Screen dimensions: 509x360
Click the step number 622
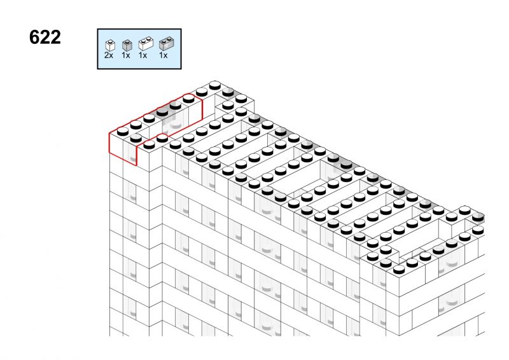[45, 37]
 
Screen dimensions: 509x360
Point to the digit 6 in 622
[34, 37]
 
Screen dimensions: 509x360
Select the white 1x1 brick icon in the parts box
[110, 45]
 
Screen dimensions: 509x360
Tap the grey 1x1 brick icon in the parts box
[127, 45]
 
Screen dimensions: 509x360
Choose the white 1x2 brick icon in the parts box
[146, 43]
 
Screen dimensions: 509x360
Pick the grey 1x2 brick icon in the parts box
[167, 44]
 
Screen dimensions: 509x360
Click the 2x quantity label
[109, 55]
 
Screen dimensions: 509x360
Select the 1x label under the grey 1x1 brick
[126, 55]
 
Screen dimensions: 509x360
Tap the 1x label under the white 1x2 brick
[143, 55]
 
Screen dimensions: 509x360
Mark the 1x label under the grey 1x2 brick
[164, 55]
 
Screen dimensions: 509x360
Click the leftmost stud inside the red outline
[123, 132]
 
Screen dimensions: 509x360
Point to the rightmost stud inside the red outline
[188, 99]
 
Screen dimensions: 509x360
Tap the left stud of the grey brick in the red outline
[162, 112]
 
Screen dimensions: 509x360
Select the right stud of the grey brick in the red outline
[176, 105]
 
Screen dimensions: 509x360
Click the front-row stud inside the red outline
[136, 138]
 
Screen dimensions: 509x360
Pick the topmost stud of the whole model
[214, 85]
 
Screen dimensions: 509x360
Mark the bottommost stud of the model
[399, 270]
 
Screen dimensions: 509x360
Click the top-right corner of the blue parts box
[181, 29]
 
